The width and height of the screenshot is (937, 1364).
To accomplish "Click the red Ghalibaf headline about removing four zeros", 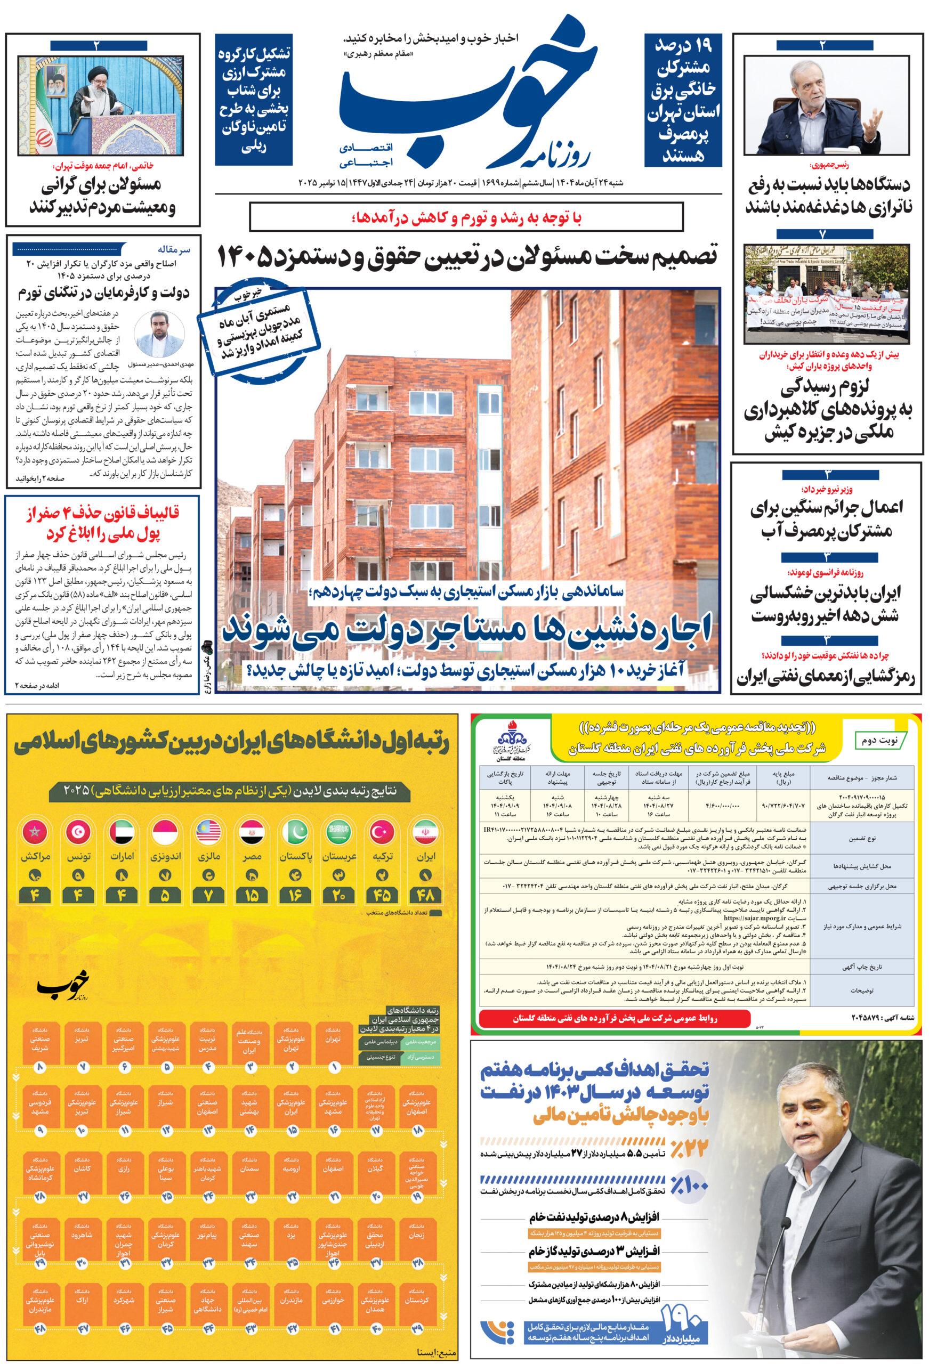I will point(103,523).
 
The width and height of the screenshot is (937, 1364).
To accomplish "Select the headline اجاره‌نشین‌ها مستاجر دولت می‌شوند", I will point(467,632).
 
